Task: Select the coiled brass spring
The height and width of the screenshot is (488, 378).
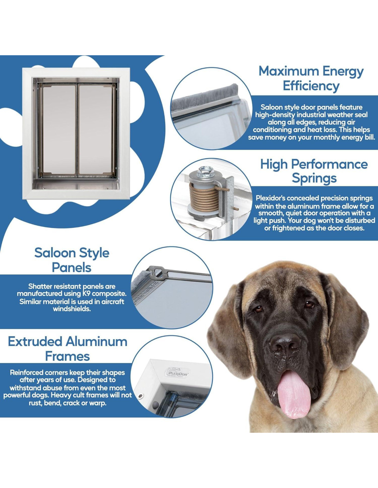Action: [203, 197]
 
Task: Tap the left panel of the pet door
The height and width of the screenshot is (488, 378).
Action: [59, 130]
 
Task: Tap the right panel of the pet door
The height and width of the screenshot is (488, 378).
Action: [96, 130]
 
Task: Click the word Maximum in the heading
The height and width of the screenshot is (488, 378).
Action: [288, 71]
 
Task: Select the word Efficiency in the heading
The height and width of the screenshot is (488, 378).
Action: [311, 86]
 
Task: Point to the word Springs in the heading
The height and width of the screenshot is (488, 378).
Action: [314, 178]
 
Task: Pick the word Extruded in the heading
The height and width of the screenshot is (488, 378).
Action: [35, 342]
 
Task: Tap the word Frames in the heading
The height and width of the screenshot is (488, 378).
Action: [67, 357]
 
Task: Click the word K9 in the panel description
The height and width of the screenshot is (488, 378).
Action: [88, 293]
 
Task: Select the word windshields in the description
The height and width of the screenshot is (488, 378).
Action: [72, 309]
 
